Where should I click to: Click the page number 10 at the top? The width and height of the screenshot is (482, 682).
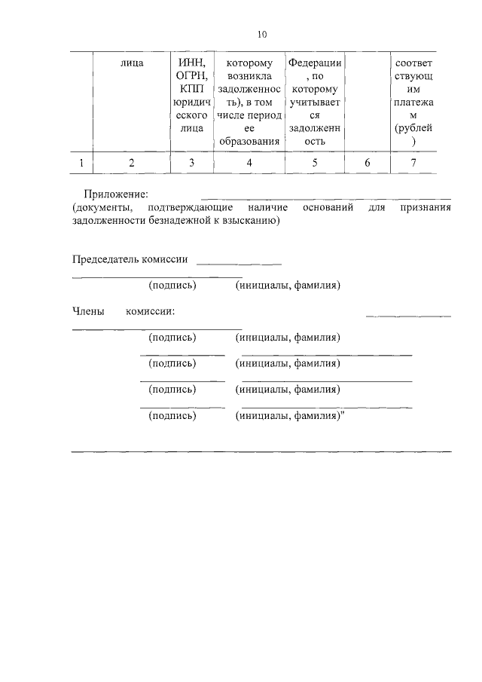(x=261, y=34)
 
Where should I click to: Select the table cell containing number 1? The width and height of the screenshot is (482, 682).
(x=81, y=162)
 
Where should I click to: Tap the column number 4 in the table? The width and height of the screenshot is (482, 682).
(x=249, y=162)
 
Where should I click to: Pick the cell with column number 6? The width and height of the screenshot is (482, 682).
(x=367, y=162)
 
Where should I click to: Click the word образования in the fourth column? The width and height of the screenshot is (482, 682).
(x=249, y=141)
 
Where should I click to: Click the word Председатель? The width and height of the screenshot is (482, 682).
(x=111, y=259)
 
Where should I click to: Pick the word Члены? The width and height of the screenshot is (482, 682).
(x=87, y=310)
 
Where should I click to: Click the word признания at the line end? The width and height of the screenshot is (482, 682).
(x=426, y=207)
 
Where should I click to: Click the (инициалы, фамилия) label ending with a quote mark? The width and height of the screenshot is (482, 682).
(x=289, y=415)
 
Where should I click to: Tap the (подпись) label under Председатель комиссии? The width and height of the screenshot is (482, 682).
(x=172, y=286)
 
